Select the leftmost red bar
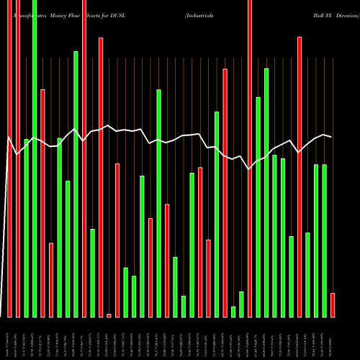pyautogui.click(x=9, y=158)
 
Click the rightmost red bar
pyautogui.click(x=333, y=305)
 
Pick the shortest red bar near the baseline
pyautogui.click(x=109, y=315)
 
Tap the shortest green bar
pyautogui.click(x=233, y=312)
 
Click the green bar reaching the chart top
pyautogui.click(x=35, y=158)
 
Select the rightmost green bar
pyautogui.click(x=325, y=240)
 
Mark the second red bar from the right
pyautogui.click(x=300, y=176)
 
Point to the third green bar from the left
pyautogui.click(x=60, y=228)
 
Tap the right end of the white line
pyautogui.click(x=331, y=136)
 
